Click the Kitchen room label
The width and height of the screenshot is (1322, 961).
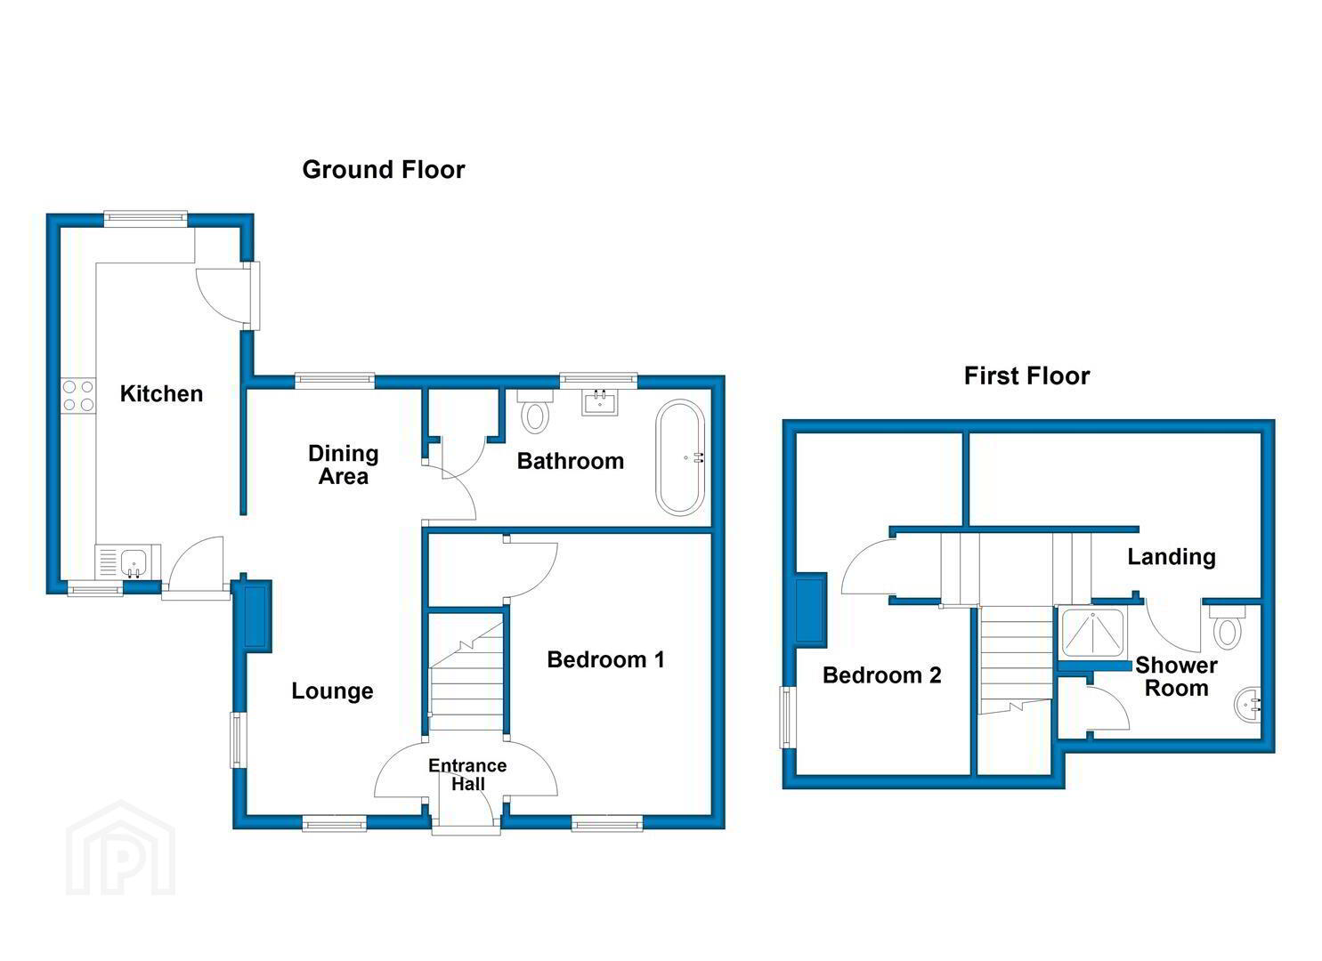[x=161, y=393]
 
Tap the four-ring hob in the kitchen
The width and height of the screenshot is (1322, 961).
[x=78, y=396]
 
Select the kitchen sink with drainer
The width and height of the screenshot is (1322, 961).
[x=127, y=561]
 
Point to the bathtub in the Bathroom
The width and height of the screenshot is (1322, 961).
[x=680, y=457]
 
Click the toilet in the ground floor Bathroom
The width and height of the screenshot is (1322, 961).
[x=535, y=412]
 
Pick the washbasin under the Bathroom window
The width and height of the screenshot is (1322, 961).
[x=600, y=402]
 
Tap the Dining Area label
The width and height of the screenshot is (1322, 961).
[x=344, y=464]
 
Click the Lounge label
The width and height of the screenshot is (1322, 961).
[x=332, y=690]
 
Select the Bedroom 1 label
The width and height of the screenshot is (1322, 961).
[x=605, y=659]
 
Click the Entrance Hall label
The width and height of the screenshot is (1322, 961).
[x=467, y=774]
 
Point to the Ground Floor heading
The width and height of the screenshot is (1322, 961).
[x=384, y=170]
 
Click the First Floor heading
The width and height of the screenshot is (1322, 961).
[x=1027, y=376]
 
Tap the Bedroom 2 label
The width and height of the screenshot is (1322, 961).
[x=881, y=674]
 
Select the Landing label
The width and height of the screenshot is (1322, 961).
[x=1172, y=557]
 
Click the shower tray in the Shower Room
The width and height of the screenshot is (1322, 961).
[x=1092, y=633]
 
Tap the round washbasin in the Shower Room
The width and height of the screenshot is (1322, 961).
[x=1247, y=704]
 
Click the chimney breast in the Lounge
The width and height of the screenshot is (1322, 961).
[x=255, y=617]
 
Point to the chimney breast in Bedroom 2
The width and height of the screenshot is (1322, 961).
[x=810, y=610]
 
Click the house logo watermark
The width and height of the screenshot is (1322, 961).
[x=120, y=848]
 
